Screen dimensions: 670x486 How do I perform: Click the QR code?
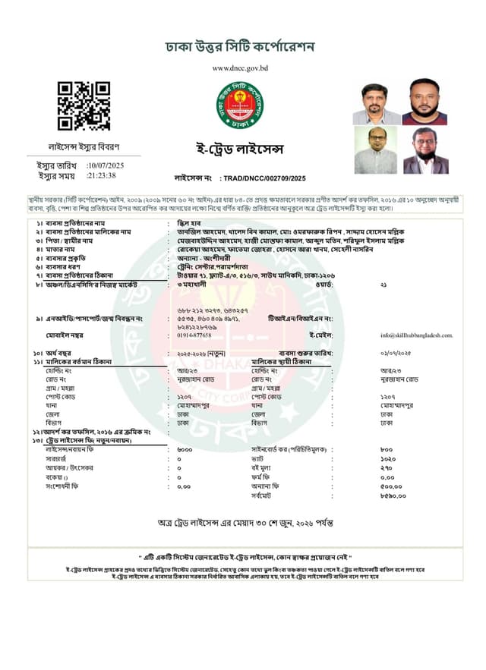(x=84, y=105)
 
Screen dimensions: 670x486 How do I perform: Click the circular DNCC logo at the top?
(x=238, y=103)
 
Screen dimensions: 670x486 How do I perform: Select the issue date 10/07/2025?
(x=106, y=165)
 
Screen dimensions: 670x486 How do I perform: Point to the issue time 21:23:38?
(x=102, y=175)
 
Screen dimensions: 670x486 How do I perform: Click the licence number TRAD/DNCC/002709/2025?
(x=262, y=178)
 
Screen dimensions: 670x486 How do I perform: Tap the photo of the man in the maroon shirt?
(x=424, y=101)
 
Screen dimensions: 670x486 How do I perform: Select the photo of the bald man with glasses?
(x=376, y=150)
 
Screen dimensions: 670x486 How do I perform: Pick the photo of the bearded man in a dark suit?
(x=424, y=150)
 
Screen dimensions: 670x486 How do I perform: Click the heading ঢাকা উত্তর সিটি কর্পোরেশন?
(x=241, y=47)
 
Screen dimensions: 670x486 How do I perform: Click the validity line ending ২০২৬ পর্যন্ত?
(x=242, y=524)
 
